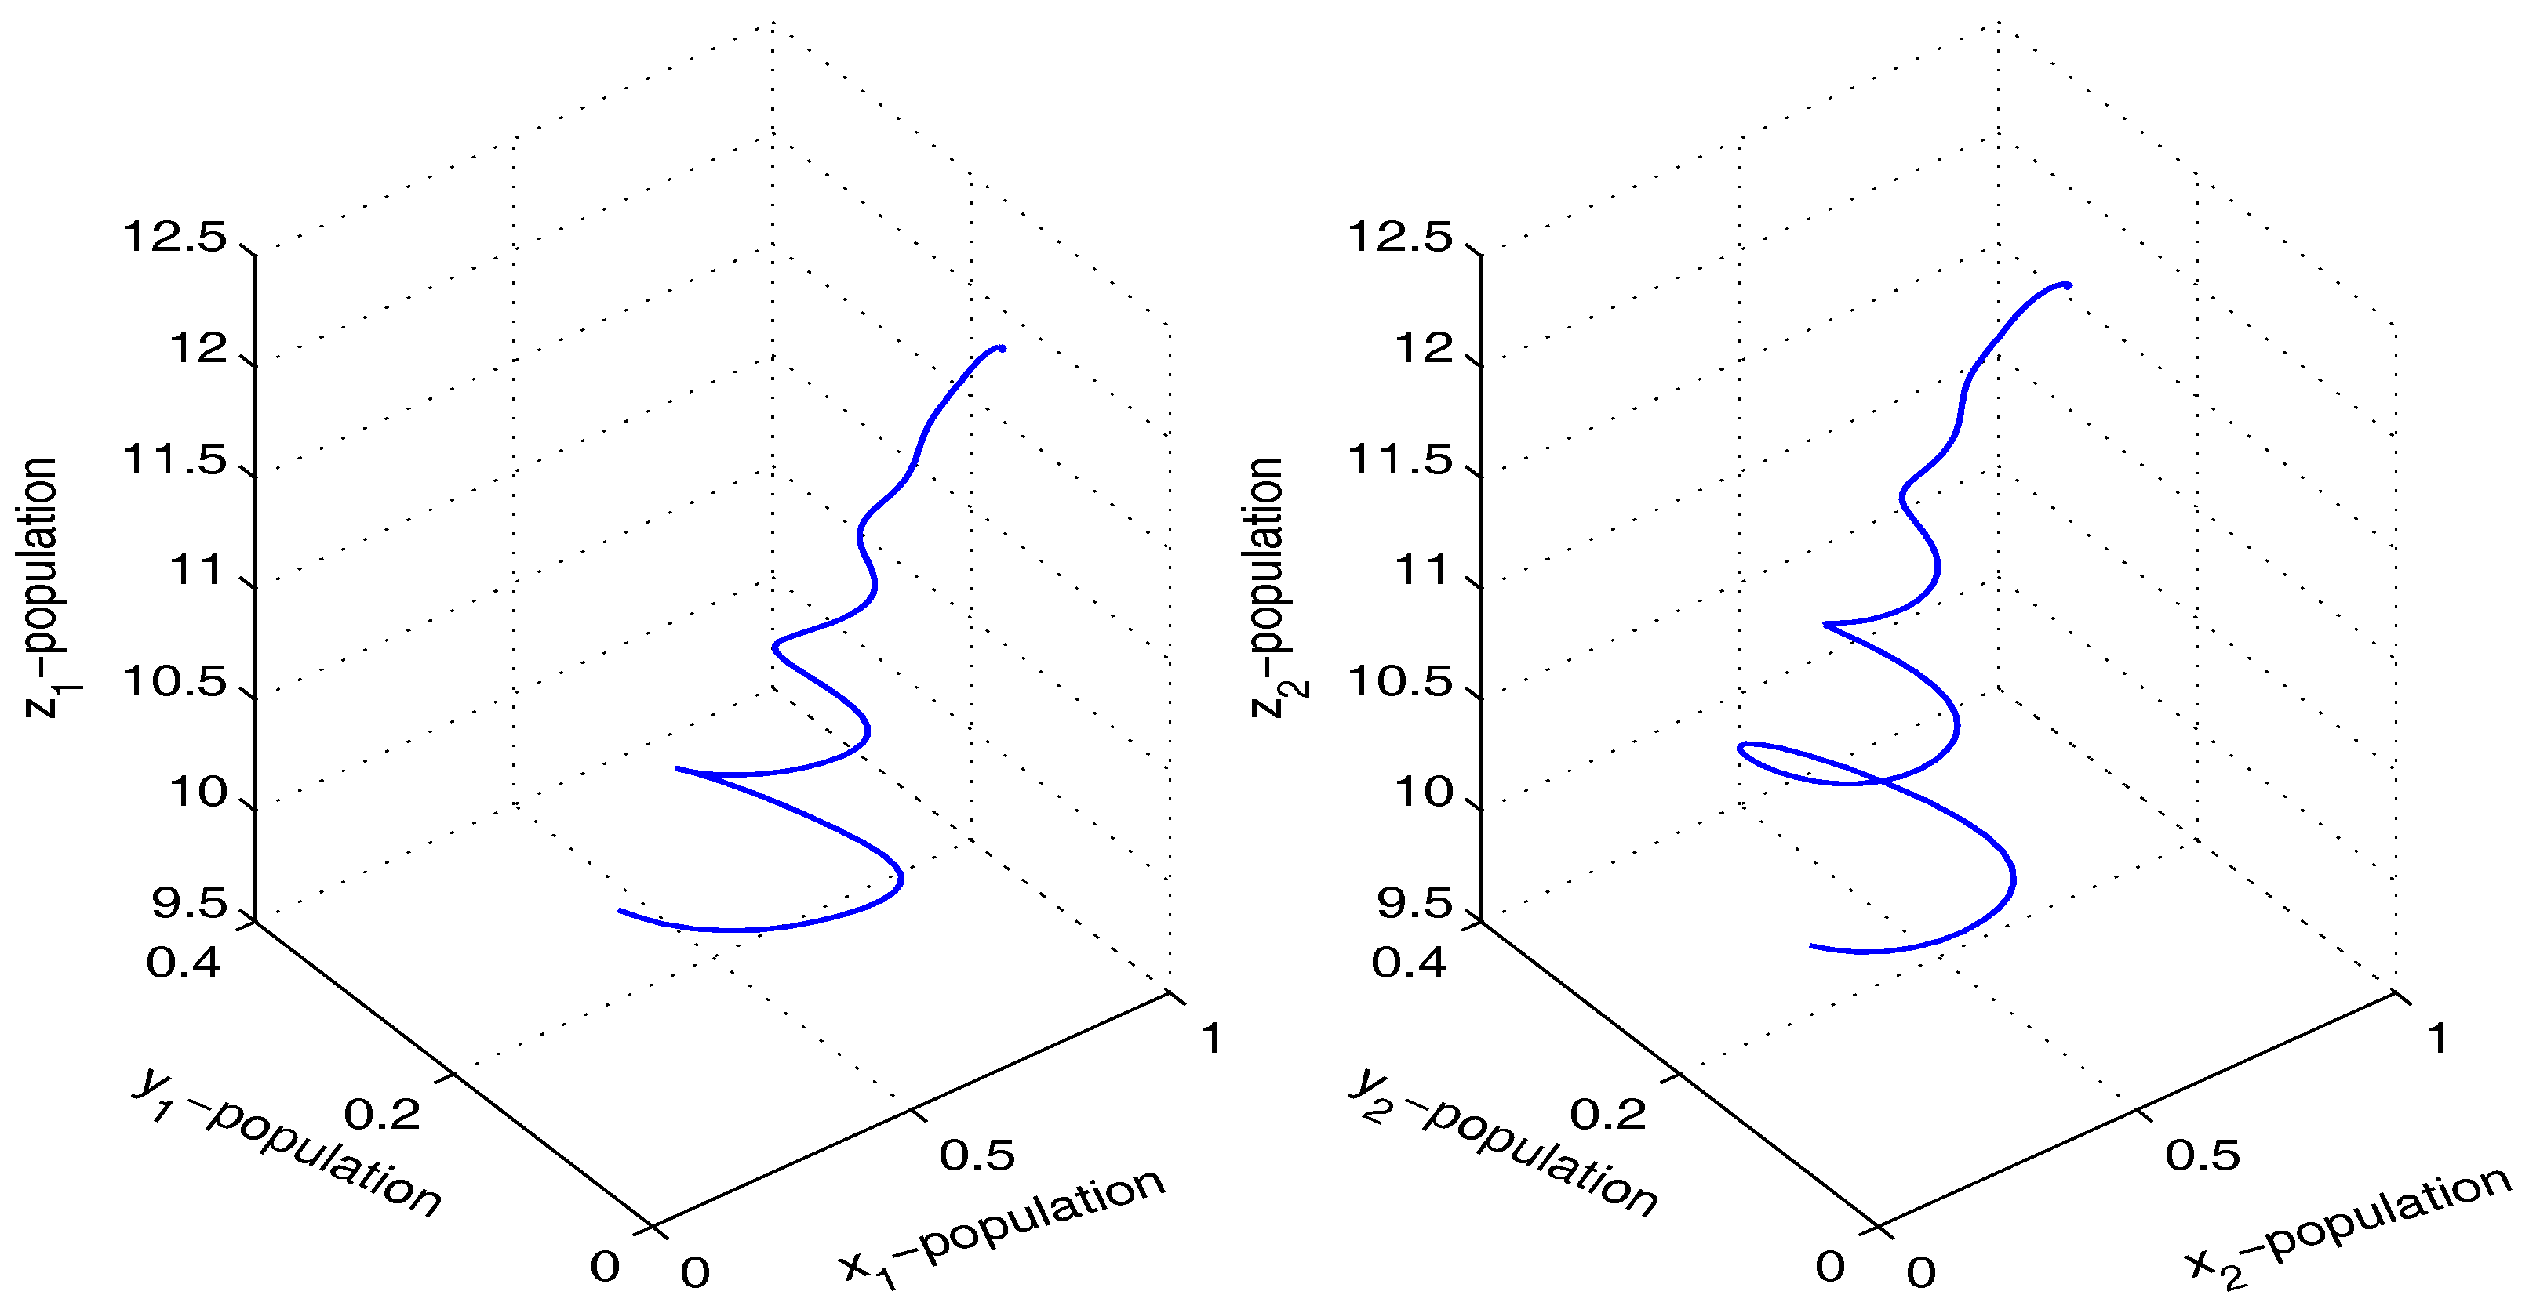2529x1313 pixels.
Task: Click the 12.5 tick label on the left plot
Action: click(x=174, y=238)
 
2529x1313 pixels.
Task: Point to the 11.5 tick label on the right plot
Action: click(x=1399, y=459)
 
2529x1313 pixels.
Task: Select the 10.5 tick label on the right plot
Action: click(x=1399, y=681)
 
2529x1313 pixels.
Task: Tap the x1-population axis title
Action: click(x=1002, y=1227)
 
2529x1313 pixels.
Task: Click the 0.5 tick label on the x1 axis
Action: click(x=977, y=1155)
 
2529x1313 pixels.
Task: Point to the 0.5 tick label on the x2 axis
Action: click(x=2203, y=1155)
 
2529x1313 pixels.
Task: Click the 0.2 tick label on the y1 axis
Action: click(x=382, y=1114)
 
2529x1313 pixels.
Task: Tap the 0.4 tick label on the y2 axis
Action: click(x=1409, y=963)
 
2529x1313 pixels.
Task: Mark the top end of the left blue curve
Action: click(x=1003, y=347)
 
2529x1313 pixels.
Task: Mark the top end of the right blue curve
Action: click(x=2069, y=285)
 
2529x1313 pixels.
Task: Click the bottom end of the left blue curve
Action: click(x=620, y=911)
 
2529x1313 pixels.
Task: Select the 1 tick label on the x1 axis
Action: click(x=1211, y=1038)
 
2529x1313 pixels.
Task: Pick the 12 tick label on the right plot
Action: click(x=1424, y=348)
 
